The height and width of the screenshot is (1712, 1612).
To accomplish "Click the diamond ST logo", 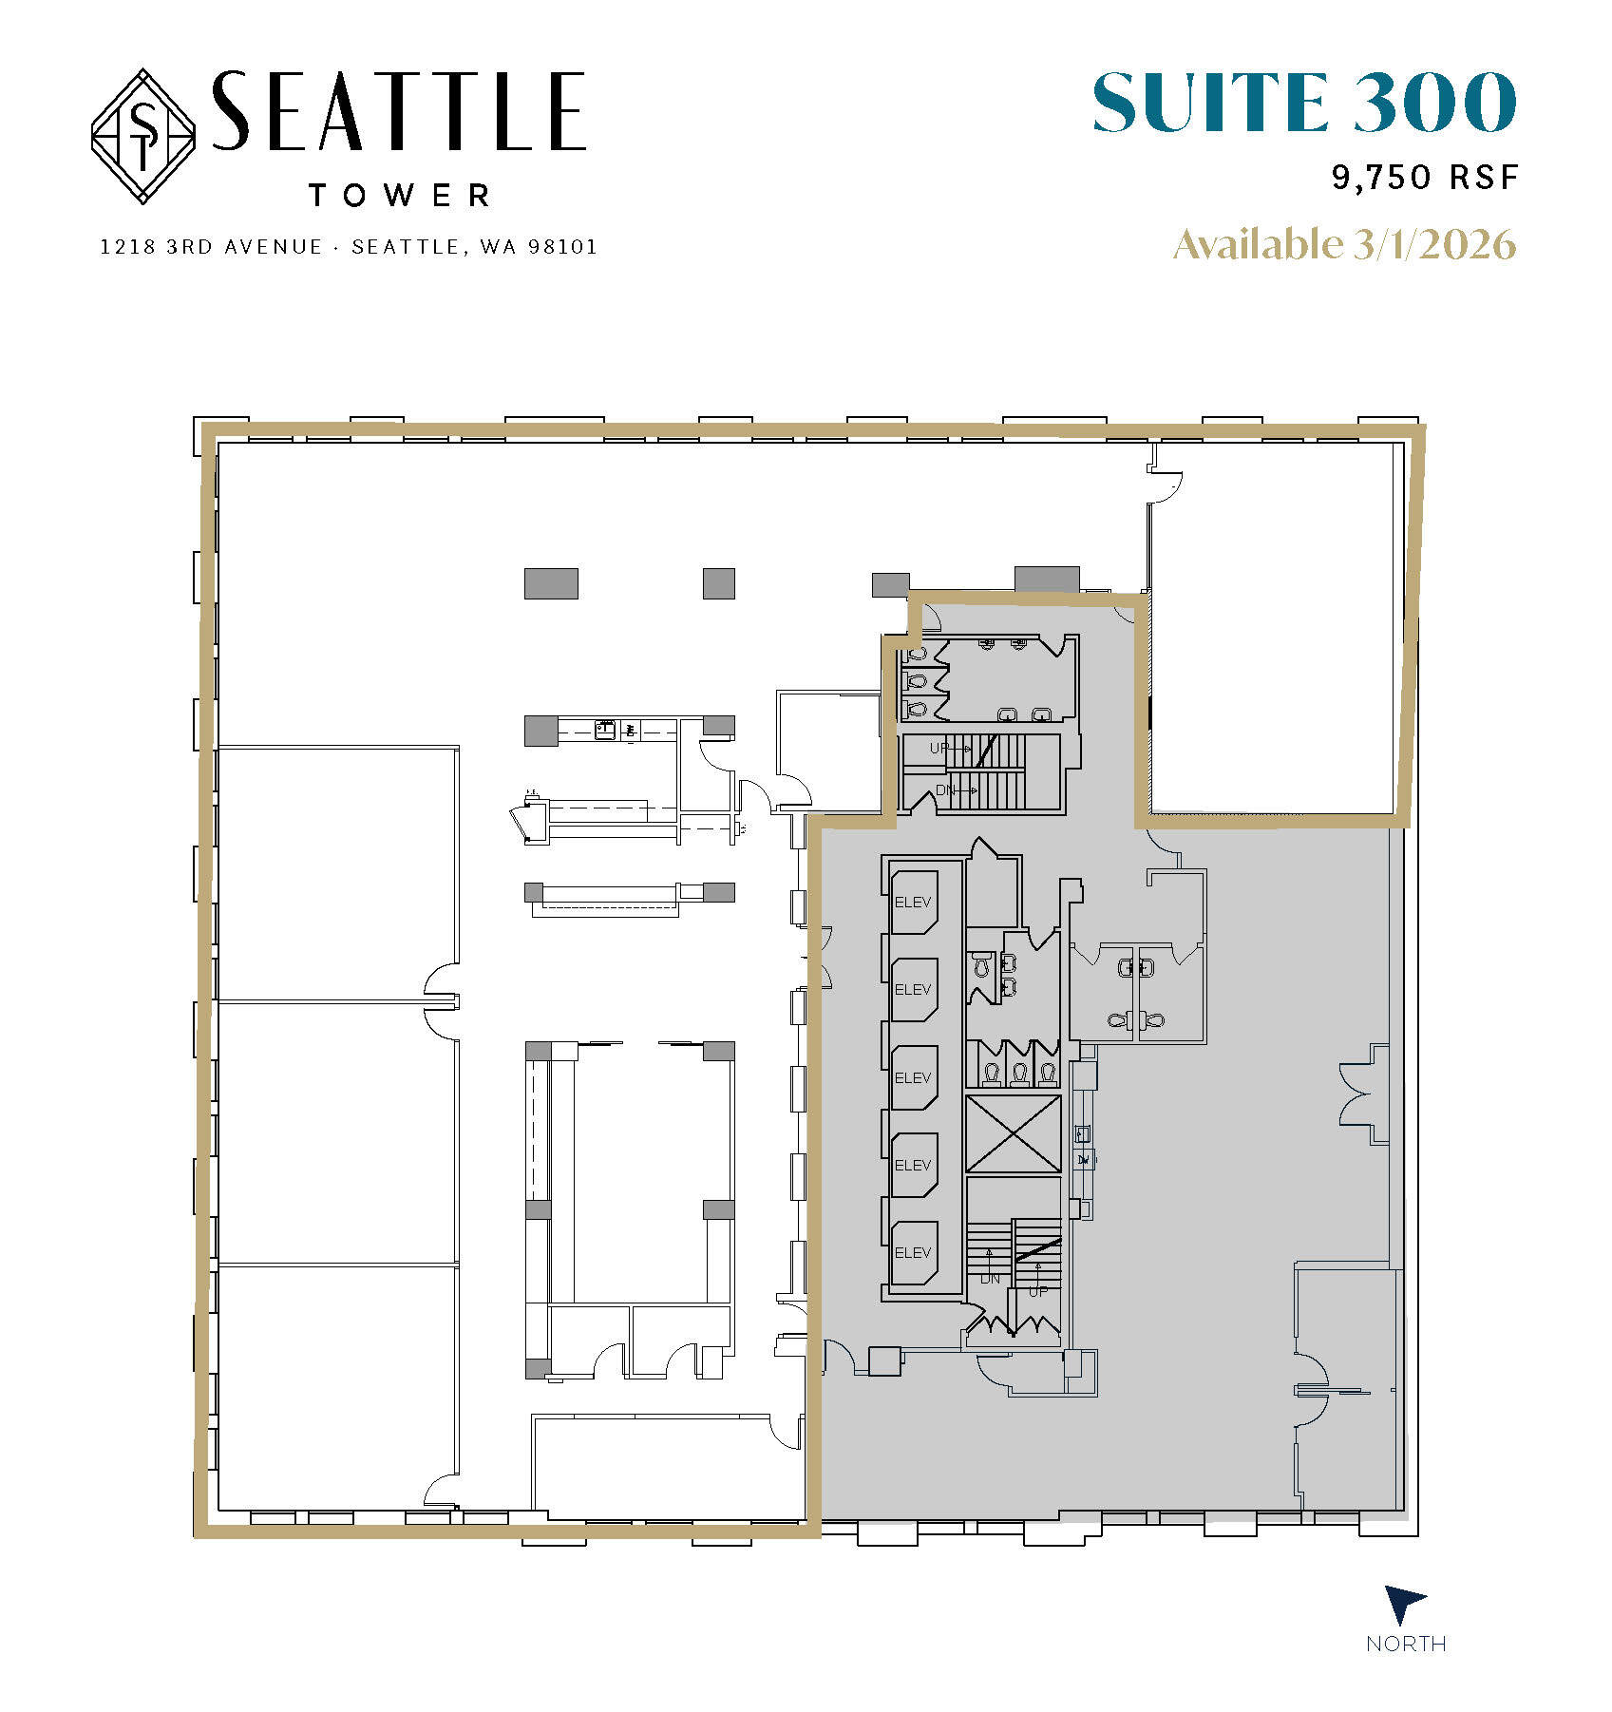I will pos(142,136).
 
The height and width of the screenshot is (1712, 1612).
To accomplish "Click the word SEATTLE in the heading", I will pos(398,111).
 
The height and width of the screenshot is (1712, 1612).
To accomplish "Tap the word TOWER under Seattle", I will pos(399,196).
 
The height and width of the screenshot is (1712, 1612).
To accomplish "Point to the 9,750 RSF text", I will pos(1424,178).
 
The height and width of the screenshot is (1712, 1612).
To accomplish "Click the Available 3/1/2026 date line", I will pos(1344,245).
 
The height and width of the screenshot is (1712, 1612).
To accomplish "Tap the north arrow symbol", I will pos(1404,1604).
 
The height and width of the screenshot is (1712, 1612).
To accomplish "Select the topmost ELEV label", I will pos(913,902).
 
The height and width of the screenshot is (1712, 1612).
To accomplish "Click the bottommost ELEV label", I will pos(913,1252).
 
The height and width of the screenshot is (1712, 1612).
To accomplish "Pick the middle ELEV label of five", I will pos(913,1077).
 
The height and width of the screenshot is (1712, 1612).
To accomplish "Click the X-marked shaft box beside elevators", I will pos(1014,1133).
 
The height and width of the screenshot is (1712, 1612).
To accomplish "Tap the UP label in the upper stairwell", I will pos(939,749).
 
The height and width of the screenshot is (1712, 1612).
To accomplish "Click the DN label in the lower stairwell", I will pos(990,1279).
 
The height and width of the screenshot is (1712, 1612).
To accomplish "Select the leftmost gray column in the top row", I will pos(551,583).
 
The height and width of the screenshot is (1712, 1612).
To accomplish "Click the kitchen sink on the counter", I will pos(604,730).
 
